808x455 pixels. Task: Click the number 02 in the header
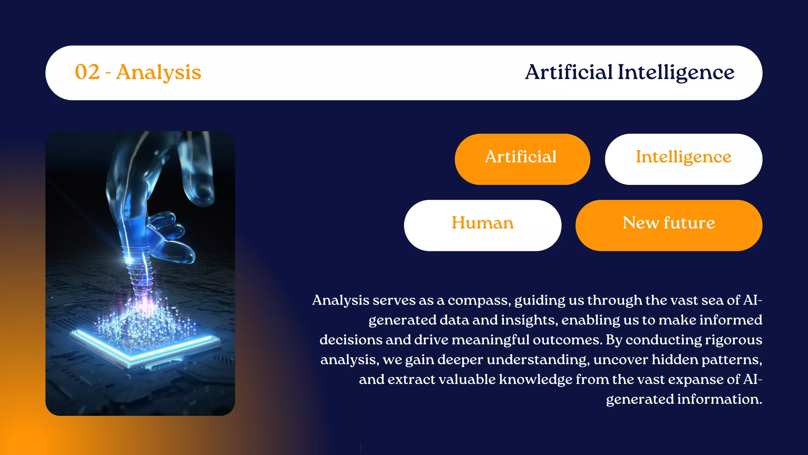point(87,72)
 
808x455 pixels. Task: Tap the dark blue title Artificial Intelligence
point(629,73)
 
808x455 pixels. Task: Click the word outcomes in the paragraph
point(567,340)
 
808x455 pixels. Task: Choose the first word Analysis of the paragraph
point(340,301)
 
